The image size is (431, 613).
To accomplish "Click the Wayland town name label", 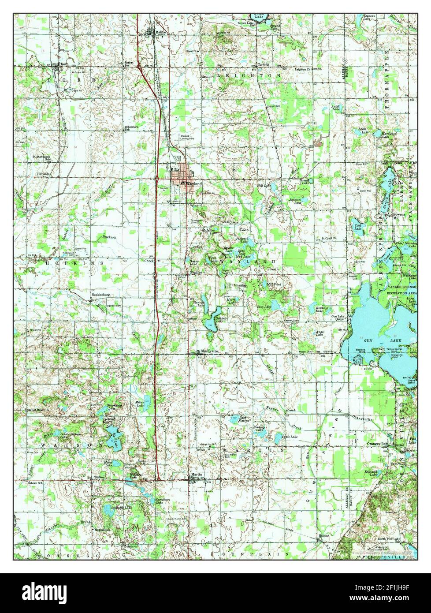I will click(194, 183).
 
